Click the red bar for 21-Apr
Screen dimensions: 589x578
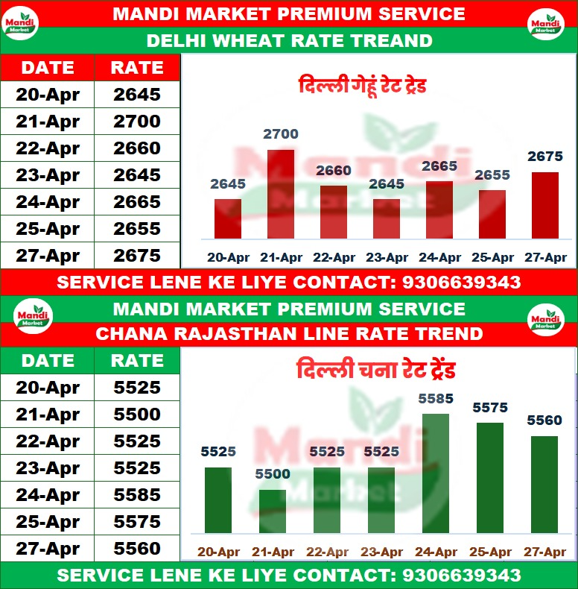tap(280, 194)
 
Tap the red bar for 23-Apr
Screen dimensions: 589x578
tap(386, 218)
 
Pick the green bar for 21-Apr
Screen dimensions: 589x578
tap(273, 511)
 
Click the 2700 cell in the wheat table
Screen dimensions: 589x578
tap(137, 122)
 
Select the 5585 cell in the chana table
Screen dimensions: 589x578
tap(137, 495)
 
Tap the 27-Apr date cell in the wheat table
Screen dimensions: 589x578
tap(48, 256)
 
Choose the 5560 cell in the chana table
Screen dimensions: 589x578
tap(137, 549)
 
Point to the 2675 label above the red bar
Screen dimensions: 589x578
tap(544, 157)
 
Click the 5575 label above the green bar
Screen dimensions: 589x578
tap(490, 408)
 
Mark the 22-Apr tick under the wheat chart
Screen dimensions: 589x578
tap(333, 258)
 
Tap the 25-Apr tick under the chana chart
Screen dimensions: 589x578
tap(490, 552)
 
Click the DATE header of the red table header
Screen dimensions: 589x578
tap(48, 68)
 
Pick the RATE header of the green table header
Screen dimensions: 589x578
tap(137, 361)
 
